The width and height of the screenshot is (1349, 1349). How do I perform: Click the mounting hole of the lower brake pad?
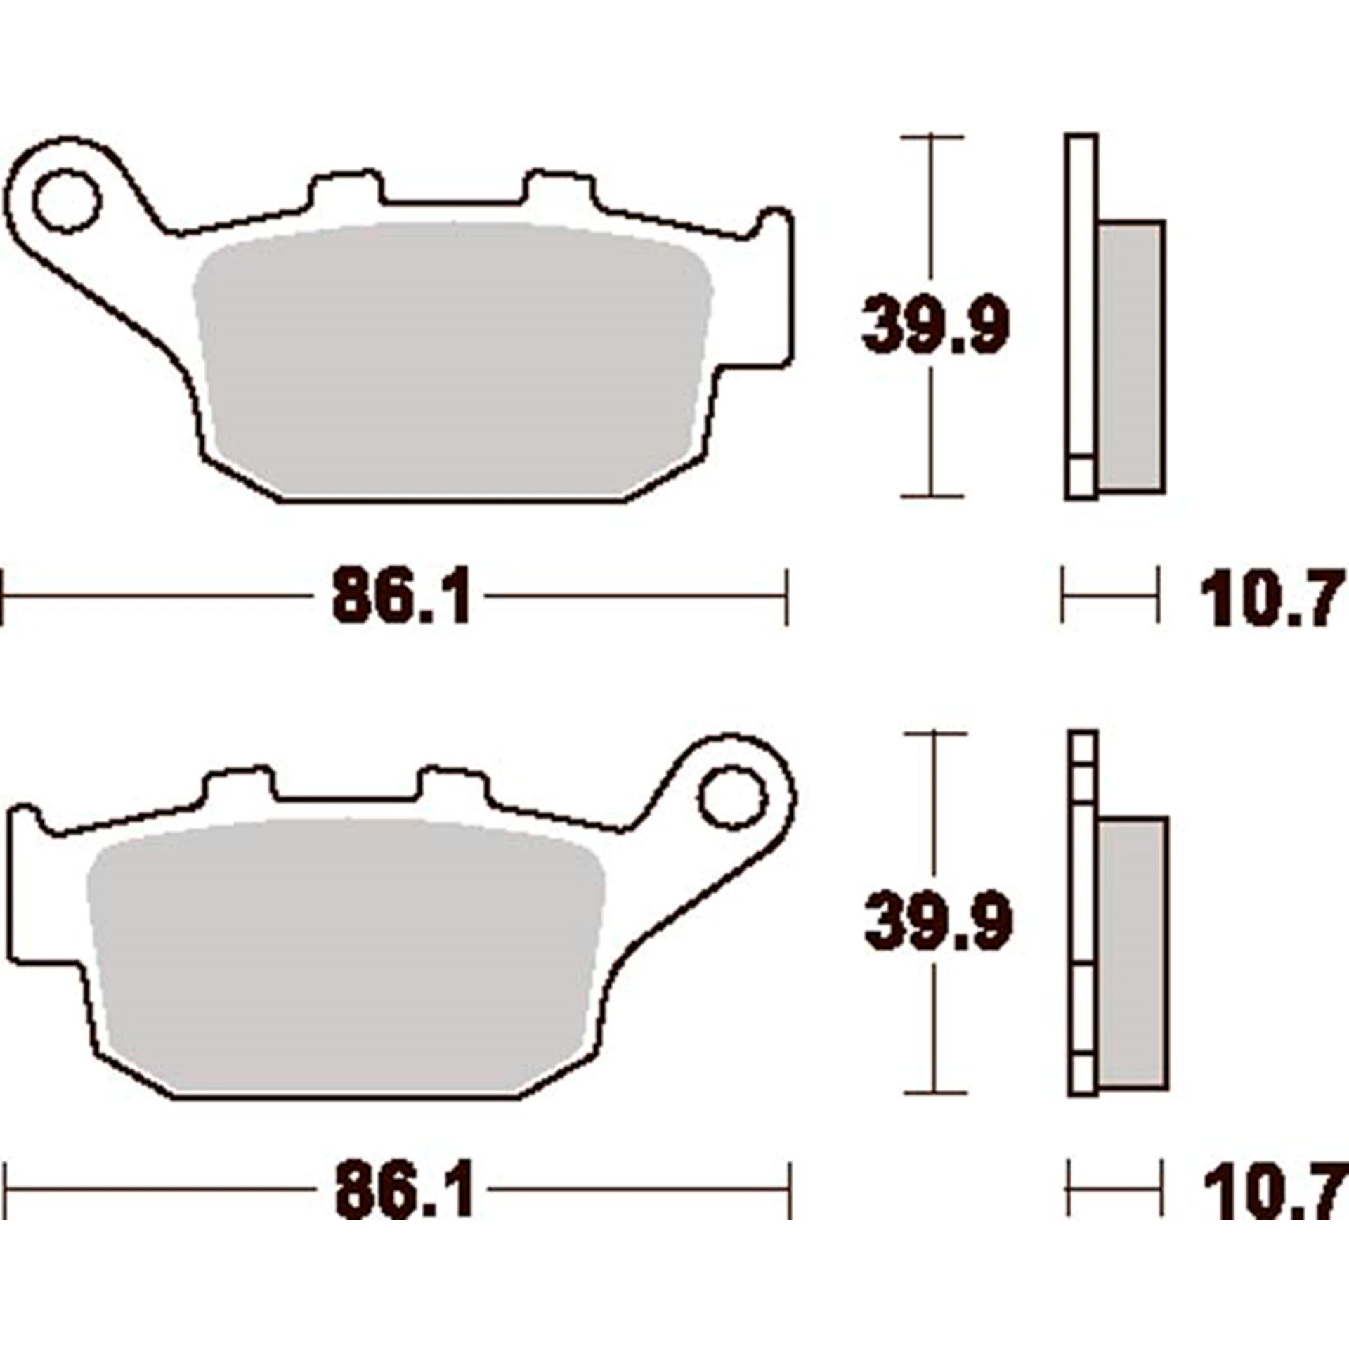click(731, 800)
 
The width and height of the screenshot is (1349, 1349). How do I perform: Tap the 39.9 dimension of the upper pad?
click(935, 325)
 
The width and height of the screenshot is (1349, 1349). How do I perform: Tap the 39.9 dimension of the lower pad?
click(939, 921)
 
